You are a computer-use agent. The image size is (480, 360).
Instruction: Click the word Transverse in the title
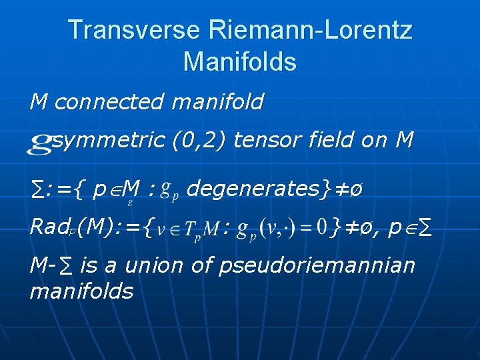[x=133, y=30]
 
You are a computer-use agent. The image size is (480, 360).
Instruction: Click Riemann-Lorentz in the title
[x=310, y=30]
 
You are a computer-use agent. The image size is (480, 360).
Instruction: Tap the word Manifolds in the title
[x=239, y=62]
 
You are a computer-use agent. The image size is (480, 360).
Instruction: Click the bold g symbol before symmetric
[x=40, y=142]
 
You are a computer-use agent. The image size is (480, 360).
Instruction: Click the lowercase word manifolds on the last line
[x=81, y=291]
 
